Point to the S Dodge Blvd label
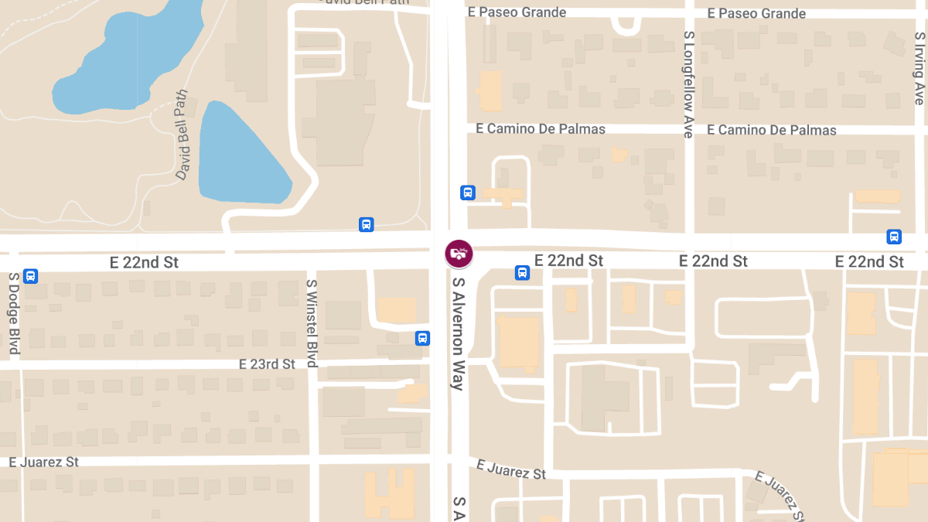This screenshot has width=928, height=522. pos(14,313)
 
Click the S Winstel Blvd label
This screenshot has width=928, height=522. pos(312,323)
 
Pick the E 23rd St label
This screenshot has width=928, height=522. pos(267,363)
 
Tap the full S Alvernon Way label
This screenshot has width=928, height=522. pos(459,333)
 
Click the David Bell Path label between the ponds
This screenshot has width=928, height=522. pos(182,135)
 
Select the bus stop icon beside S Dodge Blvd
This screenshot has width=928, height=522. pos(31,275)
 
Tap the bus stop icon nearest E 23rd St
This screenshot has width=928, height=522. pos(422,338)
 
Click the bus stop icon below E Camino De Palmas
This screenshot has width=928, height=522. pos(467,193)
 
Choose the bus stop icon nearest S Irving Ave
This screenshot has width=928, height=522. pos(894,237)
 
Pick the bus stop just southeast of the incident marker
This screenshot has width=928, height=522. pos(522,272)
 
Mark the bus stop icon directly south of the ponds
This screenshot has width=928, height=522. pos(366,225)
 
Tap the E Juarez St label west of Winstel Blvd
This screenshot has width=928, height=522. pos(44,462)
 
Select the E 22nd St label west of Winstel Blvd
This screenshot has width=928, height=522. pos(144,262)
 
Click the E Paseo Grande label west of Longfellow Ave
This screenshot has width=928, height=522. pos(517,12)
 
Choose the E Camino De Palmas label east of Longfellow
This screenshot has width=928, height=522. pos(771,130)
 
